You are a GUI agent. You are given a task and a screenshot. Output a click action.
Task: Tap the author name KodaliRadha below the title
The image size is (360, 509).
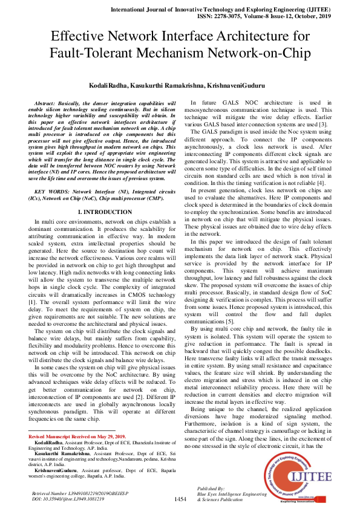click(x=114, y=86)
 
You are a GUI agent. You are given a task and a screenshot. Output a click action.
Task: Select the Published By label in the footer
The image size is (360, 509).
click(x=211, y=488)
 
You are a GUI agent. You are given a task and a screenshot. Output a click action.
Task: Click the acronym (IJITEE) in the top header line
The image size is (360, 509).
click(x=319, y=10)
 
